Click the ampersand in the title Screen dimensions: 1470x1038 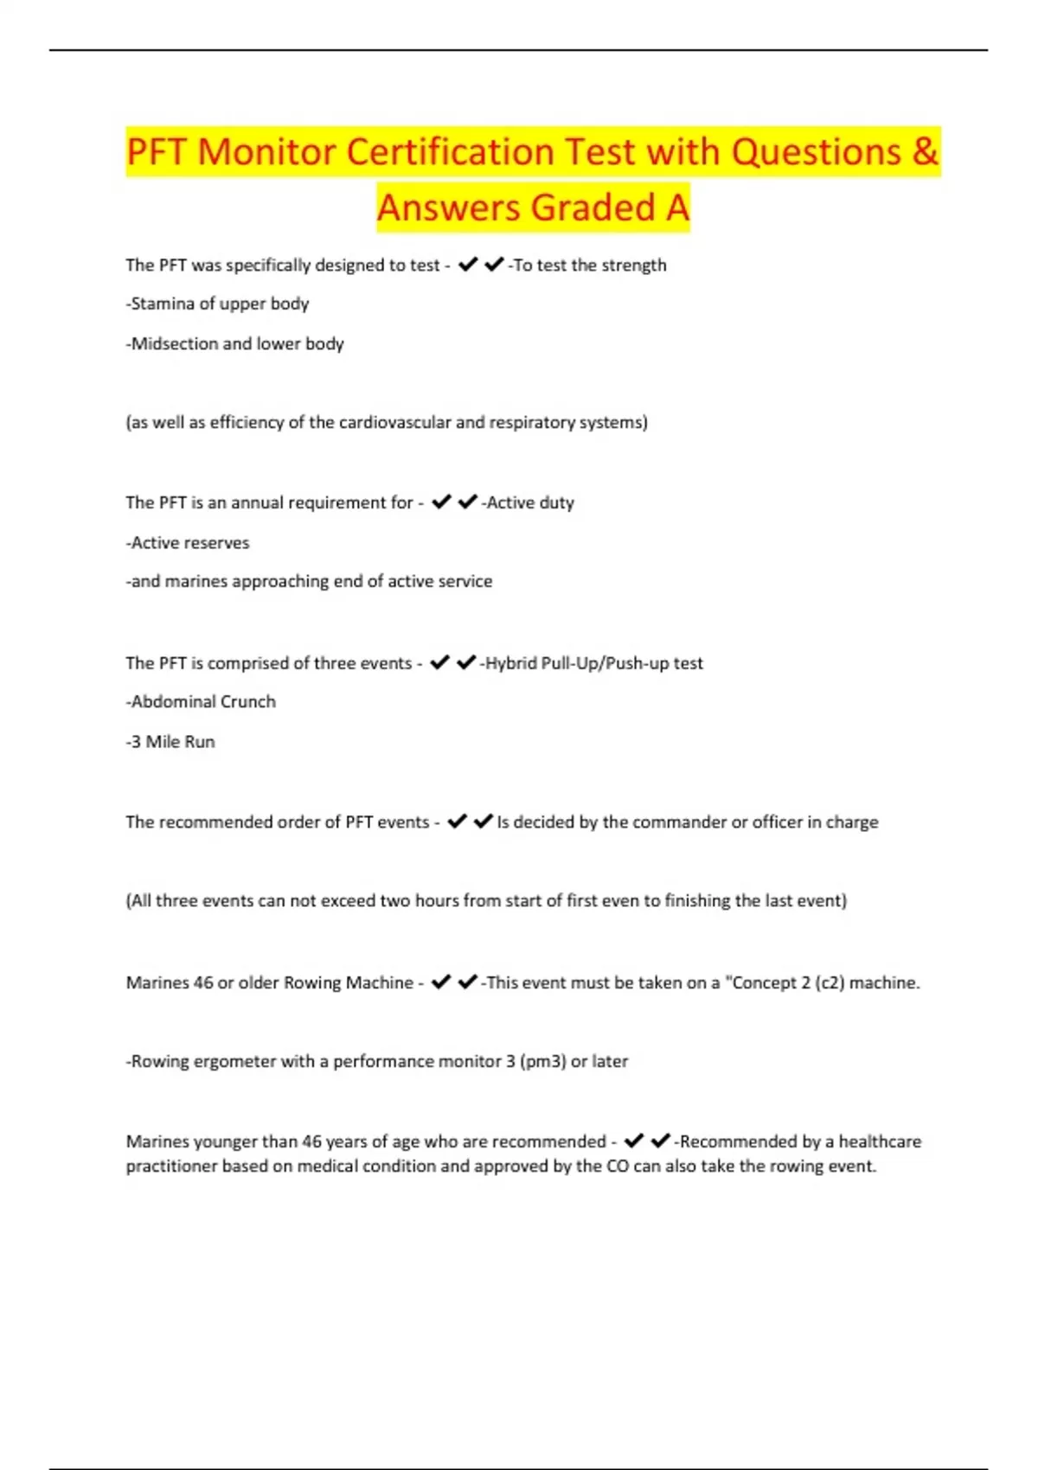(x=925, y=152)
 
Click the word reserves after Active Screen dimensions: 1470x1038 (x=219, y=542)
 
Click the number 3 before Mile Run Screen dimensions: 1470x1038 (x=136, y=741)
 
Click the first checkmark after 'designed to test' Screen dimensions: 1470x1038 (x=468, y=265)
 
